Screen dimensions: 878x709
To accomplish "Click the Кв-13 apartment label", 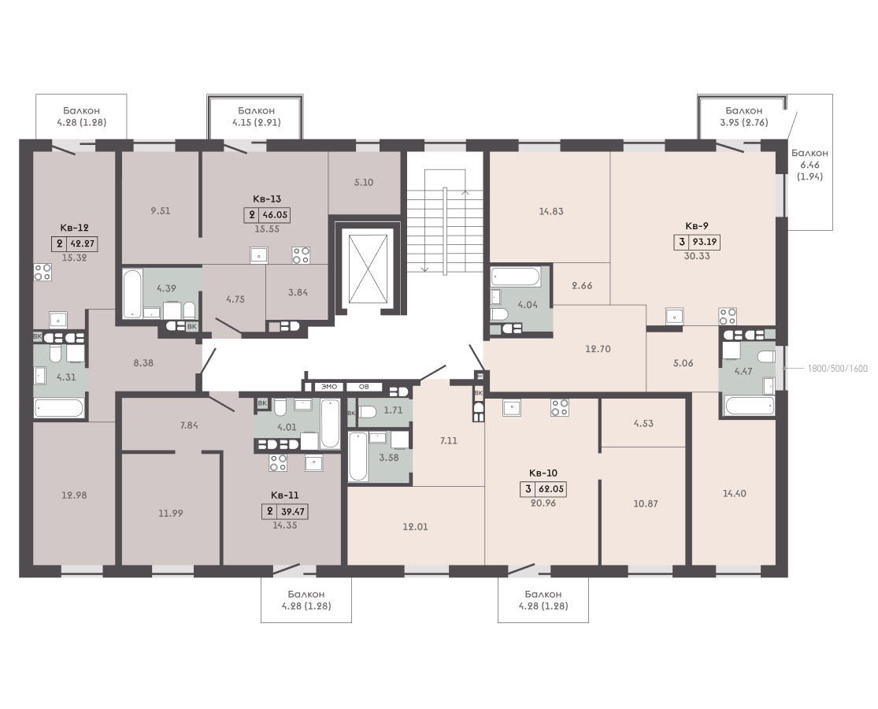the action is point(266,199).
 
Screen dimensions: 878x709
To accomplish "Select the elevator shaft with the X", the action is point(367,269).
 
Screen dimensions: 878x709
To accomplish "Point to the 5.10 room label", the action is point(364,183).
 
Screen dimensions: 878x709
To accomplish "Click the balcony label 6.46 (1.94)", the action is point(809,165).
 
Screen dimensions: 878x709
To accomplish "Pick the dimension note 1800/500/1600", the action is point(837,369).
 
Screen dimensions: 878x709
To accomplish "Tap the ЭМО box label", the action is point(329,387).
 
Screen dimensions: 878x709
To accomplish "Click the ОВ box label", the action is point(364,387).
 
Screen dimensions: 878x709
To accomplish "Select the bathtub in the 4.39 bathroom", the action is point(133,295).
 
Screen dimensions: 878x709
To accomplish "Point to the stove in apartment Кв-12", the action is point(43,272).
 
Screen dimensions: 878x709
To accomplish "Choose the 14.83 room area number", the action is point(551,211).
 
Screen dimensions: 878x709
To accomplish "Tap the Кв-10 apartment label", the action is point(543,473).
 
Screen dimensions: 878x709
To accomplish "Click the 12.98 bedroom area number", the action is point(74,495).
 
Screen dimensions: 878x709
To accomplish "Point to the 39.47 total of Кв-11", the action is point(291,511).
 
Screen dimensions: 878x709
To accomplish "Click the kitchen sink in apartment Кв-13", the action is point(259,254).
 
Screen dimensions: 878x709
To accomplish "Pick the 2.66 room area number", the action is point(582,286).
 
